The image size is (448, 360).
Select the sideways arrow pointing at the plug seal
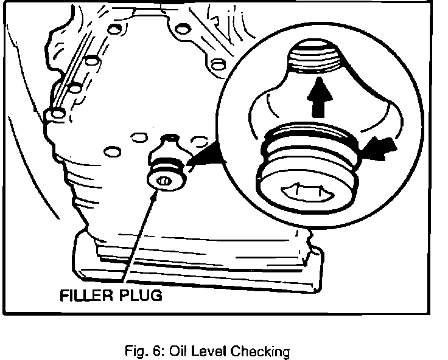pos(381,149)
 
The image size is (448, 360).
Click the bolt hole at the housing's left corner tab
pos(57,112)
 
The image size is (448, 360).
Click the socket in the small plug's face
pos(163,179)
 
